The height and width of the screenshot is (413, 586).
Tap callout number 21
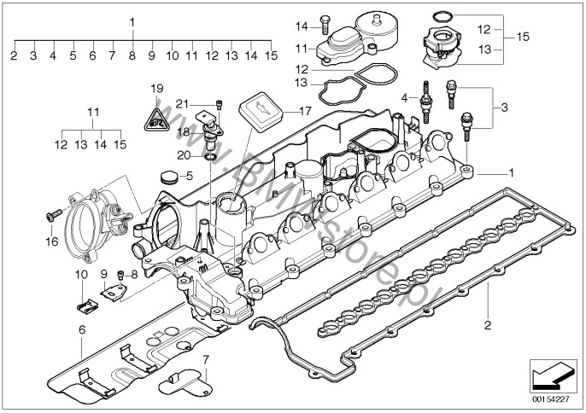pyautogui.click(x=182, y=103)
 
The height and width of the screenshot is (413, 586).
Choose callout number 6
pyautogui.click(x=82, y=329)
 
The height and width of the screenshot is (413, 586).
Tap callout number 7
pyautogui.click(x=205, y=349)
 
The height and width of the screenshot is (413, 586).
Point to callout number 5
pyautogui.click(x=190, y=175)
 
